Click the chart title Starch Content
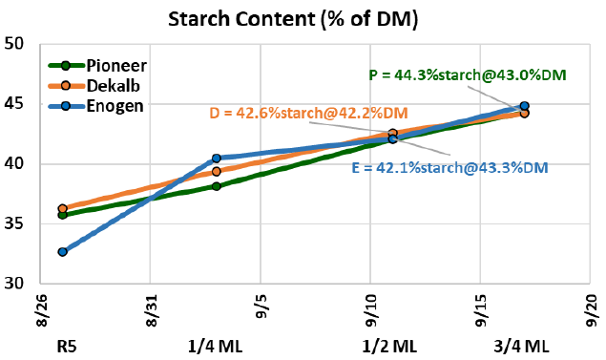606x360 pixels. pyautogui.click(x=302, y=18)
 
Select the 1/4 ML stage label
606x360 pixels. pyautogui.click(x=216, y=344)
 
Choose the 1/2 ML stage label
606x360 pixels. pyautogui.click(x=391, y=344)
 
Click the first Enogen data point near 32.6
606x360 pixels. pyautogui.click(x=62, y=252)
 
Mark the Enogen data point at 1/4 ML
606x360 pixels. pyautogui.click(x=217, y=159)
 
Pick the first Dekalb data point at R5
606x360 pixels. pyautogui.click(x=62, y=208)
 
